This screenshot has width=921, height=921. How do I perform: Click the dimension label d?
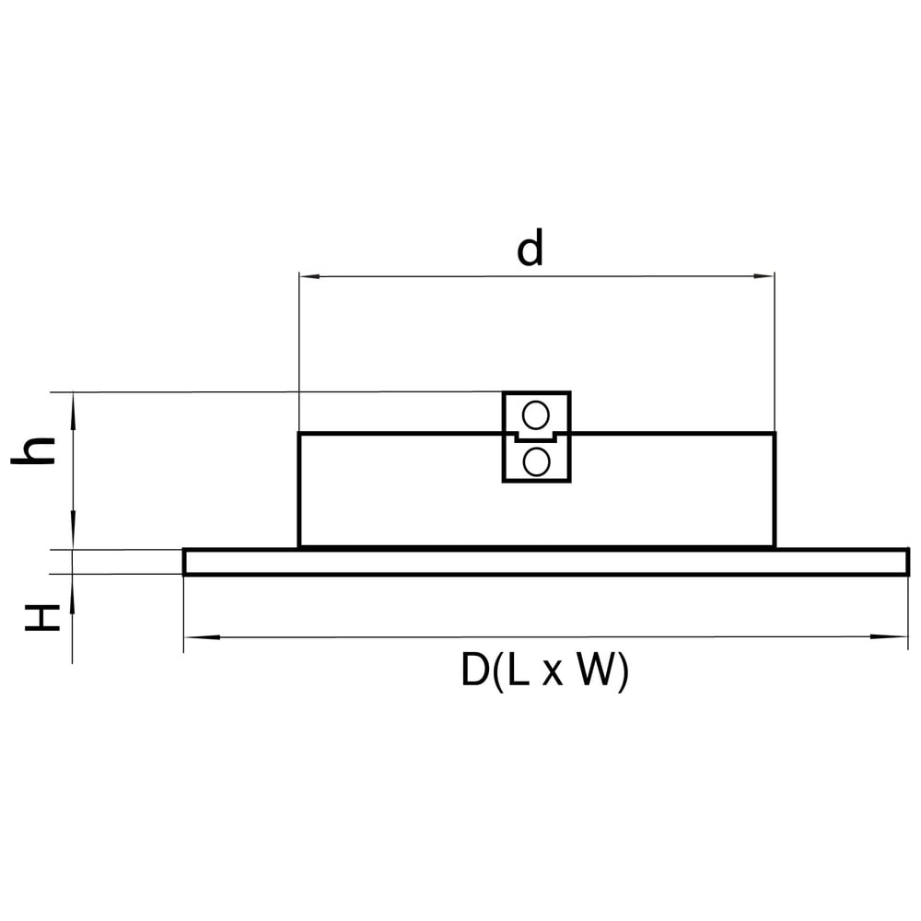click(x=530, y=247)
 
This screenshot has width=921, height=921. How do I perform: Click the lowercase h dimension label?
click(x=33, y=451)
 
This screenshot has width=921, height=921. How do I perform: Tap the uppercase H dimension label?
click(x=41, y=617)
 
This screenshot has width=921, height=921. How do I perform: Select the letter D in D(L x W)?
click(x=474, y=670)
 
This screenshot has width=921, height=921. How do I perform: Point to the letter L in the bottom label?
click(x=518, y=670)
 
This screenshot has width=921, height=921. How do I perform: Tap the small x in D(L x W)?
click(x=552, y=674)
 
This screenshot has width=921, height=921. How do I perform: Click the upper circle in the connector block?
click(x=536, y=416)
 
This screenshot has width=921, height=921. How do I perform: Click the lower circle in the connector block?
click(x=536, y=461)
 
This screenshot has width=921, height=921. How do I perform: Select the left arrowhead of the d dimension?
click(x=309, y=275)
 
